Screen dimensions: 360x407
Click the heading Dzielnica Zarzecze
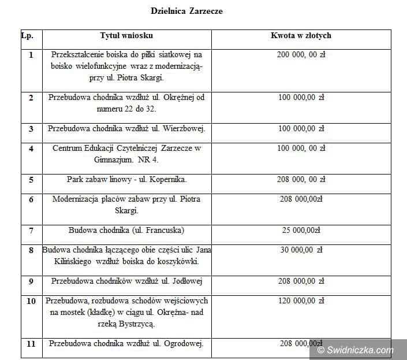coord(186,11)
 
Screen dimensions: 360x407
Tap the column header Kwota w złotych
coord(301,36)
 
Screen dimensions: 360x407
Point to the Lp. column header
coord(27,36)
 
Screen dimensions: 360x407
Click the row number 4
coord(31,149)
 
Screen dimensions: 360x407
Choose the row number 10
coord(31,301)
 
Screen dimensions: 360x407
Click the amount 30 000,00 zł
coord(300,250)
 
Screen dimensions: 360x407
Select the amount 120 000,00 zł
coord(301,301)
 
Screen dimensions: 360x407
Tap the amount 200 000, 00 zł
coord(301,55)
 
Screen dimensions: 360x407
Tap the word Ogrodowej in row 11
coord(183,344)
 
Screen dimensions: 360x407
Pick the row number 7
coord(31,231)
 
